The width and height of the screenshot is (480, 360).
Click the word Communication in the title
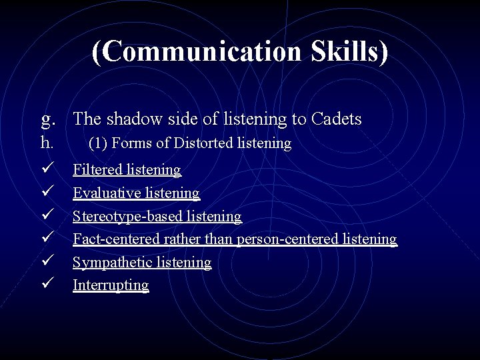click(199, 52)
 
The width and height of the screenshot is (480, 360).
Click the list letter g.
click(47, 120)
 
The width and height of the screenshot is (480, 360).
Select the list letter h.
click(46, 143)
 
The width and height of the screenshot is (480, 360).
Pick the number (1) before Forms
click(98, 143)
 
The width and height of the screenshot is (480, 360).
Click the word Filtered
click(97, 170)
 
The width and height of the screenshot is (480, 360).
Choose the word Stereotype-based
click(126, 217)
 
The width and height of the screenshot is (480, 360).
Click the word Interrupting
click(111, 285)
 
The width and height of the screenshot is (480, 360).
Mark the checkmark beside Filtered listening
click(46, 170)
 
